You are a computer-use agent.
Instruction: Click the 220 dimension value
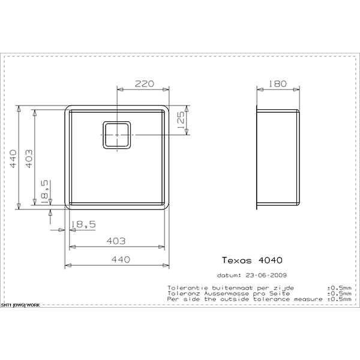(144, 84)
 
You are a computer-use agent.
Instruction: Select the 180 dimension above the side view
(278, 84)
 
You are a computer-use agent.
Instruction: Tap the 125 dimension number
(181, 120)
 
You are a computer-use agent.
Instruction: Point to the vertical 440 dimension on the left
(13, 158)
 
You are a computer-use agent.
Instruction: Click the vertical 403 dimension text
(29, 158)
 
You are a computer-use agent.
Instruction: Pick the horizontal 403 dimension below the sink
(116, 241)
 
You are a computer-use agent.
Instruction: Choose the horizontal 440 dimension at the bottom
(121, 259)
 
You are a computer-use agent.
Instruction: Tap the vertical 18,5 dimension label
(44, 192)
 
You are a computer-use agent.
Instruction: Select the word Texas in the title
(237, 260)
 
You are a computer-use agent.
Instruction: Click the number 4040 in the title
(270, 260)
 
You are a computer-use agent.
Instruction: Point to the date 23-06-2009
(266, 275)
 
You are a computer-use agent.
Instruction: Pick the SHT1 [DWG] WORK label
(20, 305)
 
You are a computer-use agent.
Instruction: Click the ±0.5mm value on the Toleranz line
(340, 293)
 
